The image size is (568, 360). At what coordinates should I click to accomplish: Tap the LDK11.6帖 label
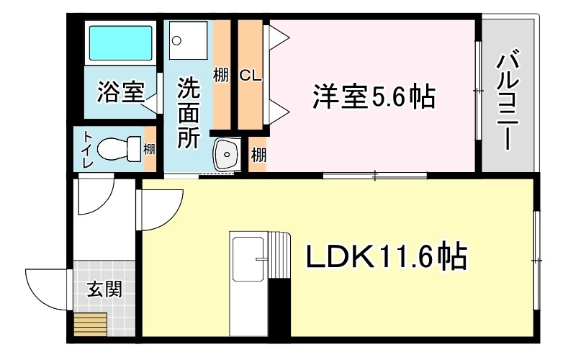coord(387,256)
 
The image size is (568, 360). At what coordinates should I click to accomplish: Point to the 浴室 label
coord(121,91)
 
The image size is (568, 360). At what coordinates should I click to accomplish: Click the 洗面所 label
coord(189,112)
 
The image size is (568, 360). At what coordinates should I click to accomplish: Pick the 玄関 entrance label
coord(104,289)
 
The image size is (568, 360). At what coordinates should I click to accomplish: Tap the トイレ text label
coord(87,150)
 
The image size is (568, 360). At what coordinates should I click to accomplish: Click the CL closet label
coord(250,75)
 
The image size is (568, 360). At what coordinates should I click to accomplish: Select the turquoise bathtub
coord(120,43)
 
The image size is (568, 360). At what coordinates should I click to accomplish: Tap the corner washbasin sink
coord(227,153)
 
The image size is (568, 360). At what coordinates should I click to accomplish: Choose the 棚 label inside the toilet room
coord(149,150)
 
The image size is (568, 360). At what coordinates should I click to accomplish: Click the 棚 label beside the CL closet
coord(221,75)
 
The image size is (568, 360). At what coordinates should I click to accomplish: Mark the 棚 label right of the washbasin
coord(258,154)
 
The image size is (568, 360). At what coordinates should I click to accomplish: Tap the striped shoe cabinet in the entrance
coord(90,325)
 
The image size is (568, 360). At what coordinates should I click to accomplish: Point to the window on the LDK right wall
coord(536,258)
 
